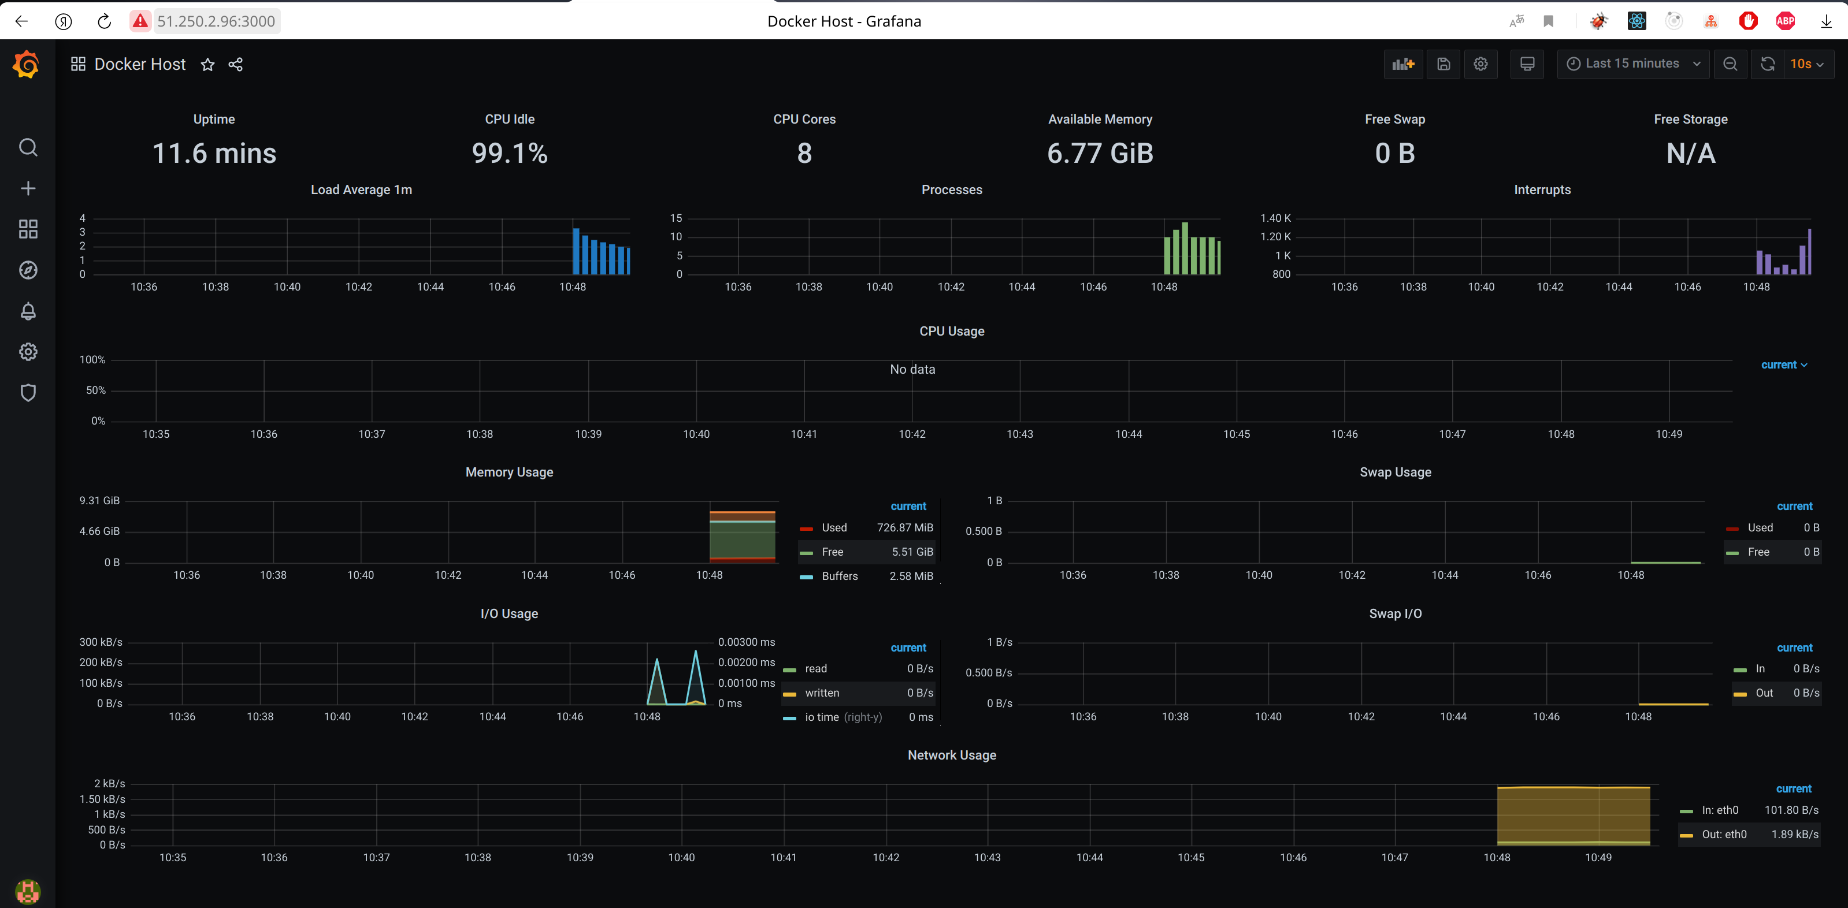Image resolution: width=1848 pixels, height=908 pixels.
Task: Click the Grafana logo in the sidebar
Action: coord(27,65)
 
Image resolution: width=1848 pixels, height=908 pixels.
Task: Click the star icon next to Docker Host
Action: coord(207,65)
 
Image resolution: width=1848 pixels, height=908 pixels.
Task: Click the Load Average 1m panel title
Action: coord(361,189)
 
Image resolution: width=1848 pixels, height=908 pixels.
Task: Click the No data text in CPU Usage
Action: coord(912,369)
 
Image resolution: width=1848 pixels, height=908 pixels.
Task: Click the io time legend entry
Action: coord(821,717)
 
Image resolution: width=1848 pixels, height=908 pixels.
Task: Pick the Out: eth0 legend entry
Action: coord(1723,834)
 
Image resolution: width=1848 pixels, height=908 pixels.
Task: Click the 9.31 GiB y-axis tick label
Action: coord(100,501)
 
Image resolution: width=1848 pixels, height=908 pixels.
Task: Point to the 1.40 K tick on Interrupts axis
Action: coord(1275,218)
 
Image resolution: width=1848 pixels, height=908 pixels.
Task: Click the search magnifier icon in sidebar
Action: coord(28,148)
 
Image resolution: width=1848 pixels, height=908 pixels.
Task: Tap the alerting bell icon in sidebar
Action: coord(28,311)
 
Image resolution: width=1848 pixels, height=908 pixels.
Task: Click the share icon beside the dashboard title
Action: coord(235,65)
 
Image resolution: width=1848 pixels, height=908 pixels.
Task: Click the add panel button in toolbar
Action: coord(1402,64)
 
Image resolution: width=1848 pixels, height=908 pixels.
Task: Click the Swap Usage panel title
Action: coord(1394,472)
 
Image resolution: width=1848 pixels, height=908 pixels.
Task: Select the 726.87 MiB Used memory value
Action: coord(904,528)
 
